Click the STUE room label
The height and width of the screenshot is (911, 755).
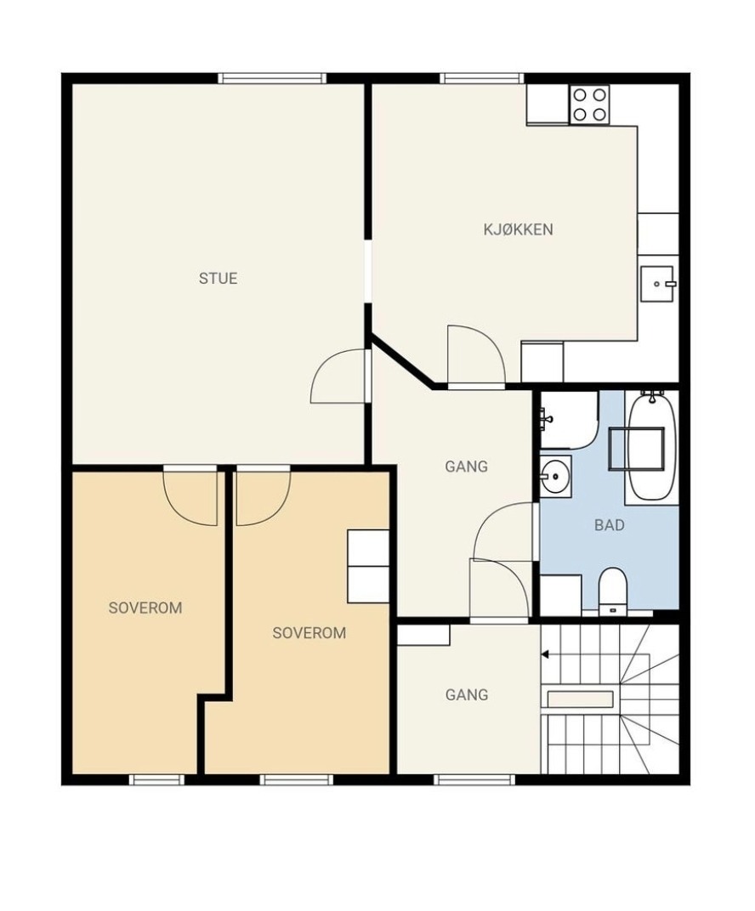point(218,278)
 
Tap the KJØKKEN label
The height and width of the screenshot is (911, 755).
point(518,229)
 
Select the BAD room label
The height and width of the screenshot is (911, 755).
point(609,525)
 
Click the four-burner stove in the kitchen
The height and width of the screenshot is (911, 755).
point(589,104)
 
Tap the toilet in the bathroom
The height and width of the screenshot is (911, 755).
point(612,591)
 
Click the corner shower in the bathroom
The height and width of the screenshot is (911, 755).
point(570,420)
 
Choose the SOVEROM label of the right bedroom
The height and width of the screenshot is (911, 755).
point(309,633)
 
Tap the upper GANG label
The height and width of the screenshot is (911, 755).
point(466,467)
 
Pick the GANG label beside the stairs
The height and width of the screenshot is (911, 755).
point(467,695)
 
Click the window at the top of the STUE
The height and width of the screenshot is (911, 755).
point(272,78)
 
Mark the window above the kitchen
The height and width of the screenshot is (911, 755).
point(482,78)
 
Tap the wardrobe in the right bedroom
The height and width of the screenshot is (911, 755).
point(368,566)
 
